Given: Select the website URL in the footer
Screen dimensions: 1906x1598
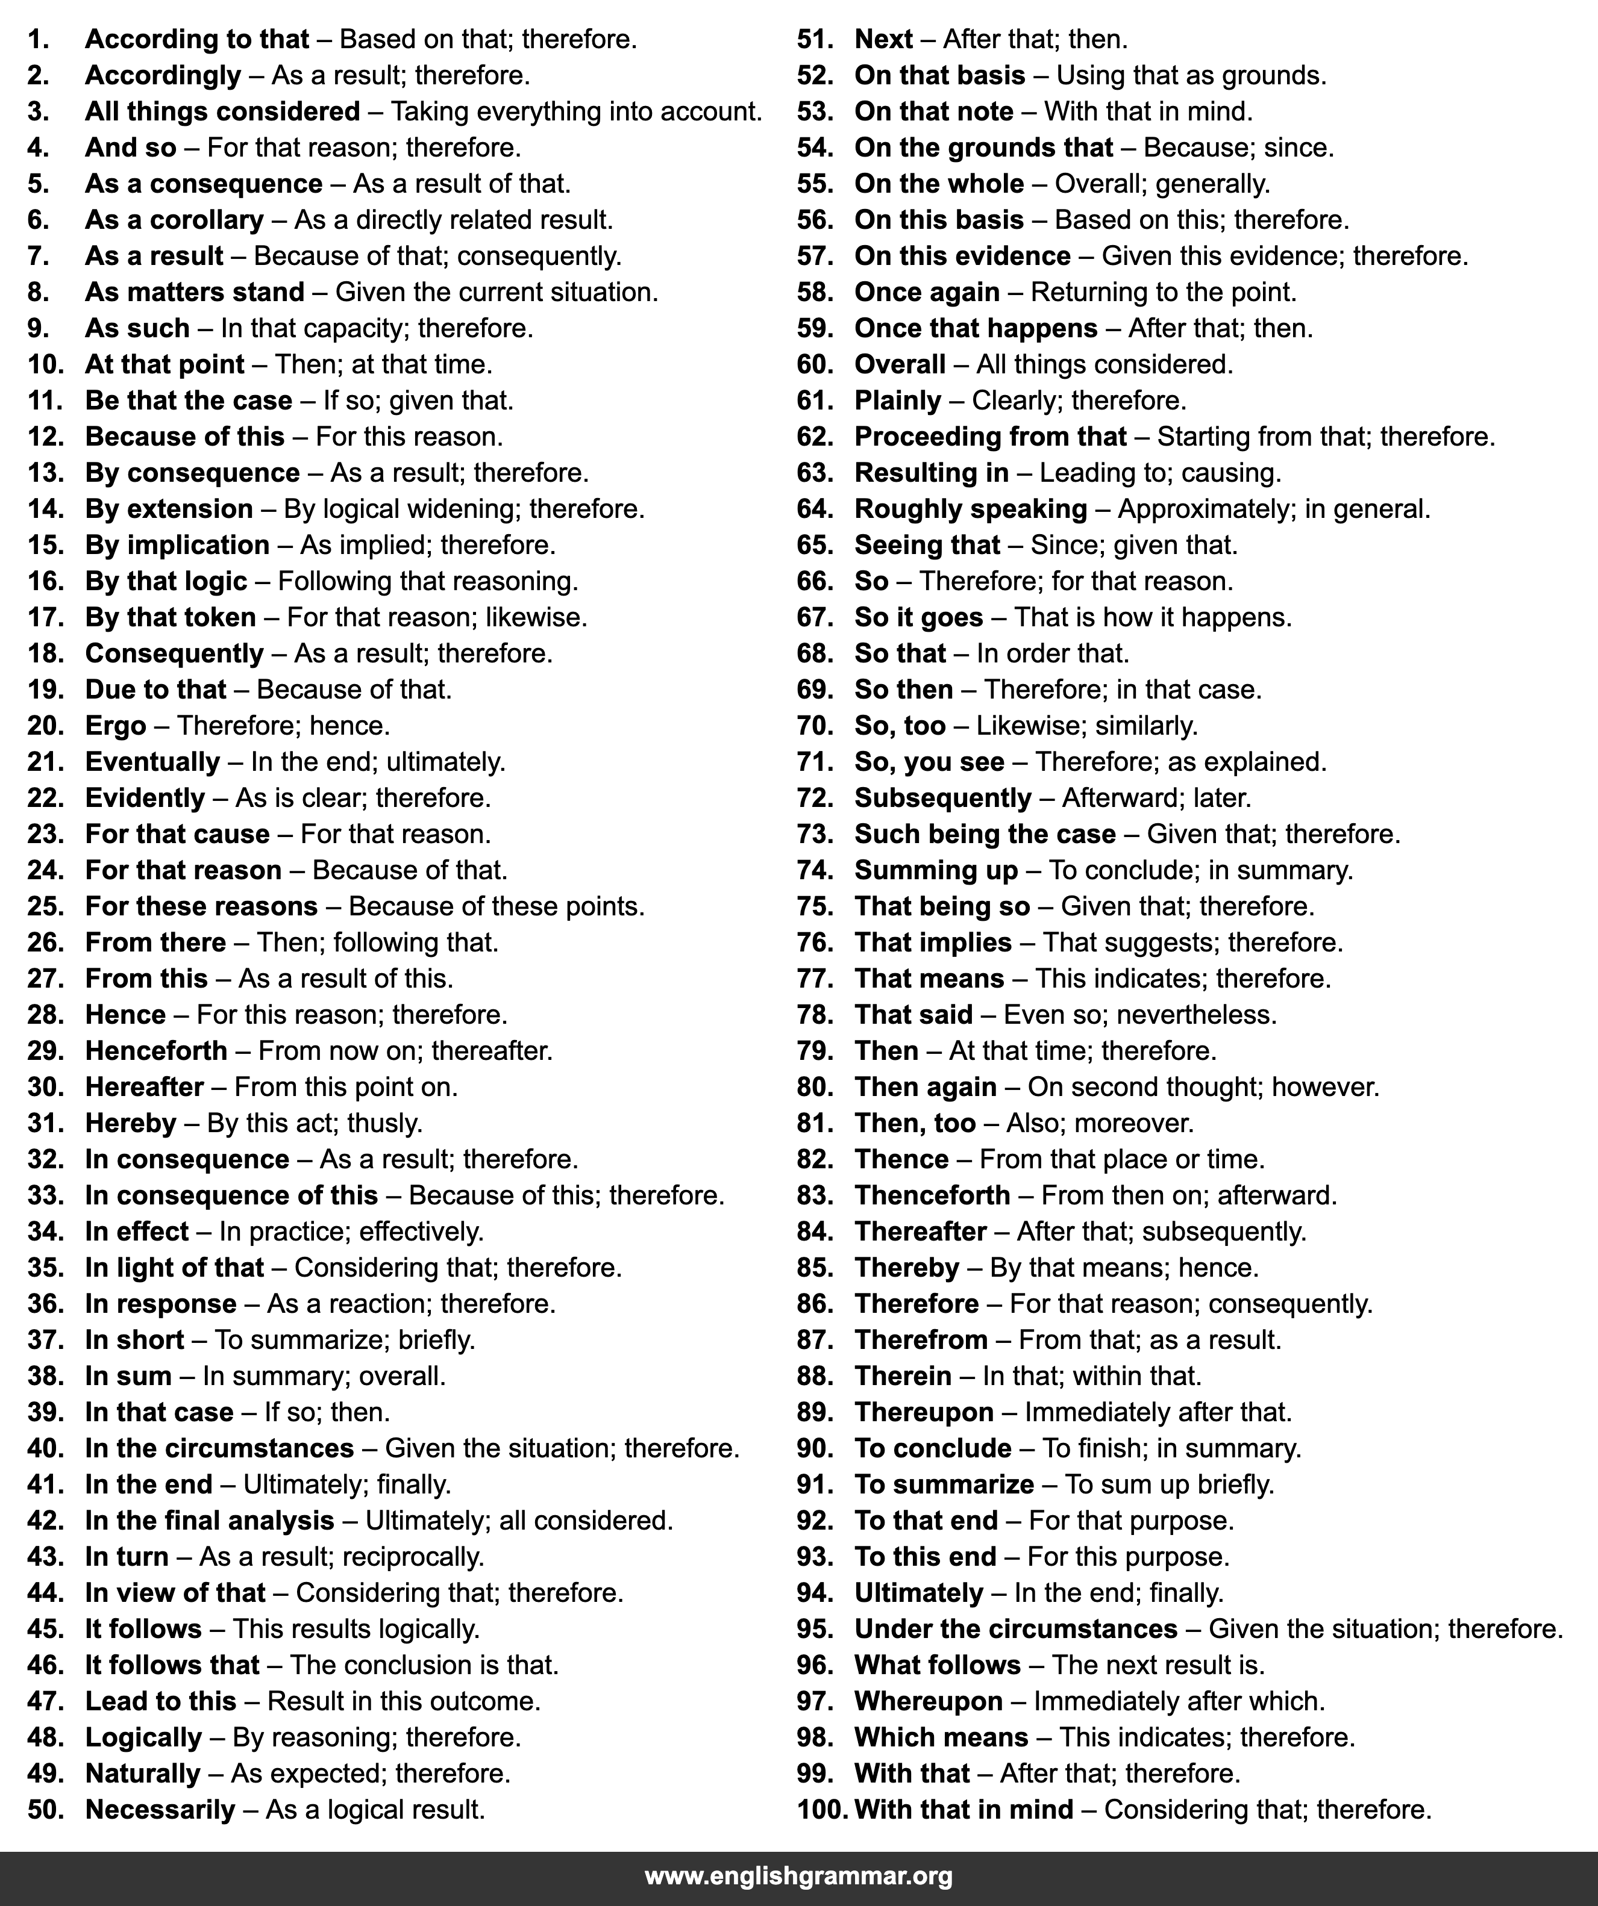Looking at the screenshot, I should click(x=798, y=1876).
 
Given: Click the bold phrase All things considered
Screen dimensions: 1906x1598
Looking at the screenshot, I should click(x=222, y=111).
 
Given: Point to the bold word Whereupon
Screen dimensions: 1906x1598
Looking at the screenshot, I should click(x=928, y=1701).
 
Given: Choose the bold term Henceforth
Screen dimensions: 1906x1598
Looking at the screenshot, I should click(x=156, y=1050).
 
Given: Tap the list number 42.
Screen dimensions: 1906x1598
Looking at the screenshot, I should click(x=45, y=1520).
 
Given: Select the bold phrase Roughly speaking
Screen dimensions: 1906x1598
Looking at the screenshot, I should click(x=971, y=509).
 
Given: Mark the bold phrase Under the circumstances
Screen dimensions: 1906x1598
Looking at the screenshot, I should click(x=1015, y=1628).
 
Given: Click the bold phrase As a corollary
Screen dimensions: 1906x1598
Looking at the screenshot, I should click(x=174, y=220).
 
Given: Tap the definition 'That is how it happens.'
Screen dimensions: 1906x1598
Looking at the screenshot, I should click(x=1152, y=617).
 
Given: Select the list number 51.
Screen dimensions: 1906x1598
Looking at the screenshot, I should click(x=815, y=39).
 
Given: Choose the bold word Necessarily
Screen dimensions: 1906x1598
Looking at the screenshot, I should click(x=160, y=1809).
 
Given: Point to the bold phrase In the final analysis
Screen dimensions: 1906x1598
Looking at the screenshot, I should click(x=210, y=1520).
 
